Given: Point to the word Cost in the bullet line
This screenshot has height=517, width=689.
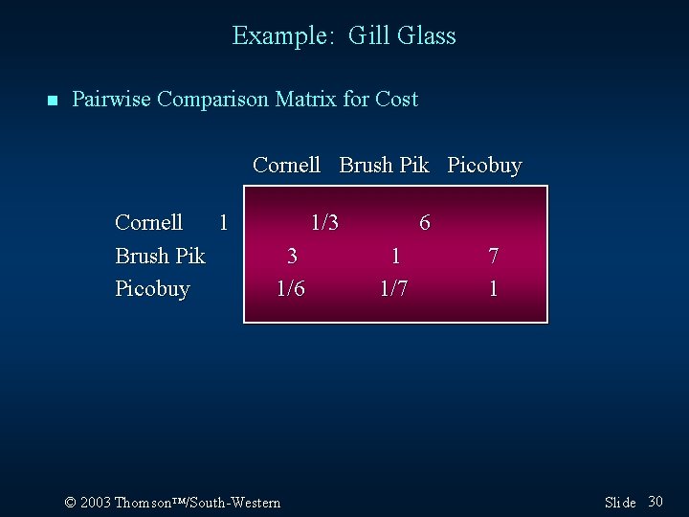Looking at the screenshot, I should pos(396,99).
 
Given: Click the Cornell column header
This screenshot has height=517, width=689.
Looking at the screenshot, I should pos(286,166).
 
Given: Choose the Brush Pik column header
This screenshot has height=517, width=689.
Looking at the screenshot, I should pos(384,166).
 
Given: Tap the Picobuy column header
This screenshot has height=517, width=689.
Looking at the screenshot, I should pos(484,166).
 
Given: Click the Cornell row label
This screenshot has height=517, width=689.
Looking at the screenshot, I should pos(148,223).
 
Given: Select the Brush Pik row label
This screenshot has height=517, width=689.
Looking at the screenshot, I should pos(160,256).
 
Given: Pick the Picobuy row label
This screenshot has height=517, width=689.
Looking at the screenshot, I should pos(152,288).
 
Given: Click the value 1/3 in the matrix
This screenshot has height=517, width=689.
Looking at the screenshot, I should pos(324,223).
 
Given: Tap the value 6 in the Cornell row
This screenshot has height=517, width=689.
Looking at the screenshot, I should pos(425,223).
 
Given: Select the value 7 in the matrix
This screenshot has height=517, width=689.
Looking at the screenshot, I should pos(493,256).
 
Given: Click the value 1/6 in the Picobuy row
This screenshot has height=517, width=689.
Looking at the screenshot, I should pos(291,288).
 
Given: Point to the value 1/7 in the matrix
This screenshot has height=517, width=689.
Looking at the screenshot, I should pos(393,288).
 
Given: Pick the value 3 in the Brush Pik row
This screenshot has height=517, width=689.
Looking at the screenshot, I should pos(292,256).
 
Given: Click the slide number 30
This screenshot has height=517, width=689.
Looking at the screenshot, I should pos(656,502).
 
